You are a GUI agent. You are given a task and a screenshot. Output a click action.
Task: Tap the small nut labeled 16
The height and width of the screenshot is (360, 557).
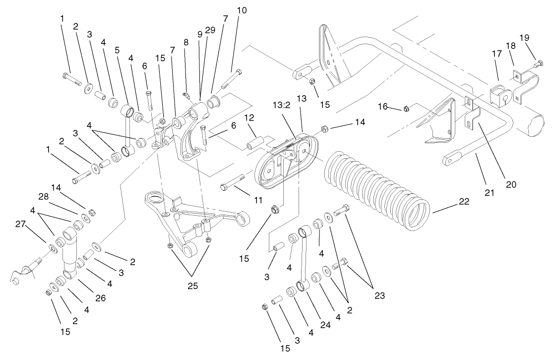point(405,108)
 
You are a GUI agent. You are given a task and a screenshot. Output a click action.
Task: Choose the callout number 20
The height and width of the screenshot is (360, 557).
point(511,184)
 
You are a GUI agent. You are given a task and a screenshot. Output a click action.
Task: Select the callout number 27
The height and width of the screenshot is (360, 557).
point(20,224)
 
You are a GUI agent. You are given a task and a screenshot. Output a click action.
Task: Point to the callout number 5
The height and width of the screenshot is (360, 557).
point(117,50)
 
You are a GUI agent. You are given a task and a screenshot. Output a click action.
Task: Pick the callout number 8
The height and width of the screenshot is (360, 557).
point(186,43)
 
